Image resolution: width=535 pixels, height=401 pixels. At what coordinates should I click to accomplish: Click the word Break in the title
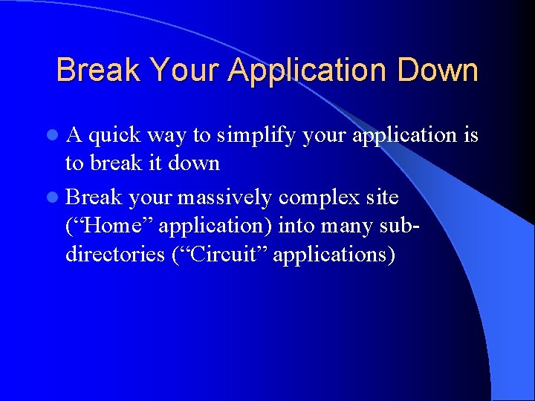(x=99, y=71)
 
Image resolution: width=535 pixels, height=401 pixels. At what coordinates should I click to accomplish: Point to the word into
(x=297, y=226)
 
